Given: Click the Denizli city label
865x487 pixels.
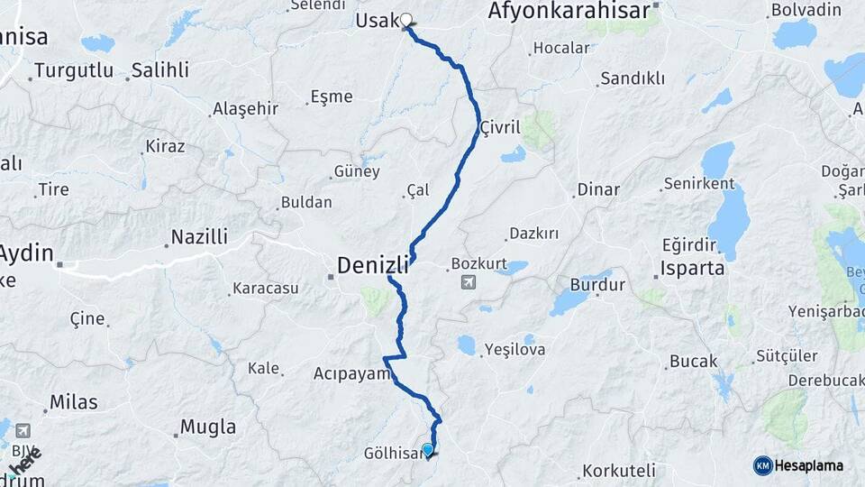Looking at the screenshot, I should click(x=372, y=264).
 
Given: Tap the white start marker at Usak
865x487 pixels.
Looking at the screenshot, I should click(x=406, y=20).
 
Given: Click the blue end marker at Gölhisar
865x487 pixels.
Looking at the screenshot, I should click(x=427, y=449).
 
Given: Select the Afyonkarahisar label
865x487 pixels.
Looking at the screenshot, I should click(x=569, y=11).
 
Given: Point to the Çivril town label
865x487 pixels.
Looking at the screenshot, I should click(x=501, y=127).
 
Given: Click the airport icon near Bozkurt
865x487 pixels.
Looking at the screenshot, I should click(x=468, y=283).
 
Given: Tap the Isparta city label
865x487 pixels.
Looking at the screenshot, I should click(x=692, y=268).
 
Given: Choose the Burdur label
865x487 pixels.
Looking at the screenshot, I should click(x=597, y=285).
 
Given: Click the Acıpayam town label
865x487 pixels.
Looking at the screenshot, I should click(x=351, y=372).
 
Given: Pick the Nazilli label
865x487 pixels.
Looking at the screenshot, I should click(x=199, y=237).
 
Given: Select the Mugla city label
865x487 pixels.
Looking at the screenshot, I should click(x=208, y=427).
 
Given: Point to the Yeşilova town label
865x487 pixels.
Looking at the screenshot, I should click(x=514, y=349).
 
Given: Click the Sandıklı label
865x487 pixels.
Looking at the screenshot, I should click(x=633, y=78).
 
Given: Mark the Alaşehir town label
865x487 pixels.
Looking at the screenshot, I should click(x=245, y=109).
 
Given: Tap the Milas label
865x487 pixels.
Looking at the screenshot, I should click(x=73, y=402).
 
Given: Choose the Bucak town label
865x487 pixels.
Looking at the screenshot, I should click(x=693, y=362).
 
